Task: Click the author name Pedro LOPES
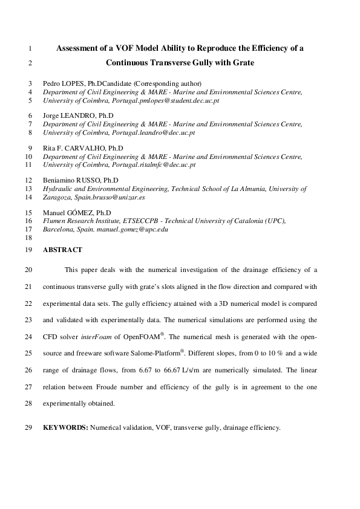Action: point(63,83)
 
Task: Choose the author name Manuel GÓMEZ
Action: point(68,213)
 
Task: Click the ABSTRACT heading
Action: point(62,249)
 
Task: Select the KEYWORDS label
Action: point(65,427)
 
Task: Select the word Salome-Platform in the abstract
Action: point(152,351)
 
